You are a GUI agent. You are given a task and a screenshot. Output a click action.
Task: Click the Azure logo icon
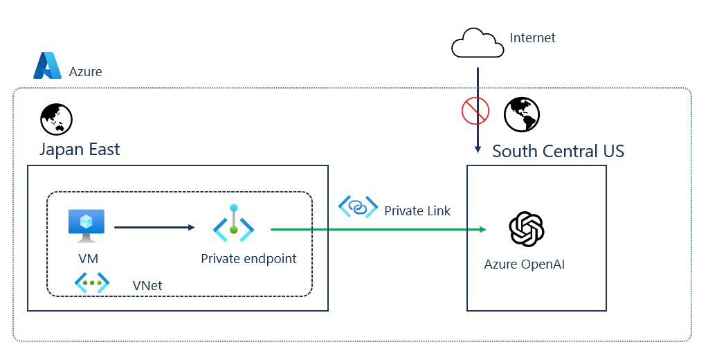48,66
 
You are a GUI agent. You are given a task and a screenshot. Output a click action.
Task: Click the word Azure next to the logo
86,71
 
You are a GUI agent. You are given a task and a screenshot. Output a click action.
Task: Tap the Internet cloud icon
477,44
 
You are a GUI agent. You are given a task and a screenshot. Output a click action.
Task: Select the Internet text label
532,38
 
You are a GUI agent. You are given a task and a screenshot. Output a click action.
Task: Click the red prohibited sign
475,110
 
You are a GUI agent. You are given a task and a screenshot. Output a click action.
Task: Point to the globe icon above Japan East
56,118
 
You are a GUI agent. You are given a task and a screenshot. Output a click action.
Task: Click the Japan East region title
80,149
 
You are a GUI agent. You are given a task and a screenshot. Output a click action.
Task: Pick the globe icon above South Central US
522,114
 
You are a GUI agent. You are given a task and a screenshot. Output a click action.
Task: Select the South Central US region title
558,151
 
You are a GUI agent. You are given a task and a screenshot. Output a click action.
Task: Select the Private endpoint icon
234,224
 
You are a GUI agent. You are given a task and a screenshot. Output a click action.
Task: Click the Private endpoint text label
248,259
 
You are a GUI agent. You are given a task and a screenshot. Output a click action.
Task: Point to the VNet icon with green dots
92,283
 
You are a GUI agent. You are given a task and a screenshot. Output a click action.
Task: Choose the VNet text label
147,285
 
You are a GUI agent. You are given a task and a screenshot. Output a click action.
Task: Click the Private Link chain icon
358,206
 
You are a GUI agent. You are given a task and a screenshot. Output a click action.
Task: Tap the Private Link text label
417,210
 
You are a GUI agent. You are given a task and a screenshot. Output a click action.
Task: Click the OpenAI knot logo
527,229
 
